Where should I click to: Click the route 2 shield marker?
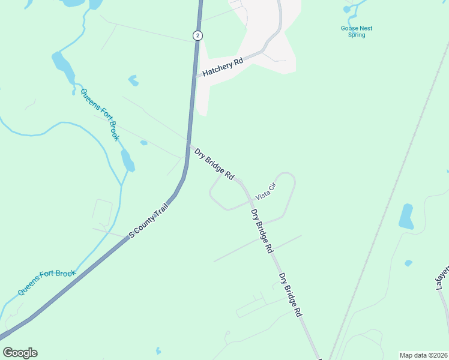(x=197, y=35)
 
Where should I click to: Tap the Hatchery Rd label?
(x=222, y=67)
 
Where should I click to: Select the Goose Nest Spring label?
(x=357, y=31)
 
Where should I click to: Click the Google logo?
(x=20, y=353)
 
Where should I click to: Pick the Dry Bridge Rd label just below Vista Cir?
(x=262, y=230)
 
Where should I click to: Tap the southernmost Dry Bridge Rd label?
(x=290, y=295)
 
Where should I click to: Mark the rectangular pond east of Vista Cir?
(x=406, y=217)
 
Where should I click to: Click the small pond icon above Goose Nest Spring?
(x=347, y=9)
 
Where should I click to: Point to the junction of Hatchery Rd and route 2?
(x=196, y=76)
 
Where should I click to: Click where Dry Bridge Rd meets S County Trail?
(x=188, y=145)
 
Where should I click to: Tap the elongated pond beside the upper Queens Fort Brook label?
(x=63, y=67)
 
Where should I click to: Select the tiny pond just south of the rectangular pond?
(x=408, y=263)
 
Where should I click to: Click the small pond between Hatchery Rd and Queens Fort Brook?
(x=133, y=80)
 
